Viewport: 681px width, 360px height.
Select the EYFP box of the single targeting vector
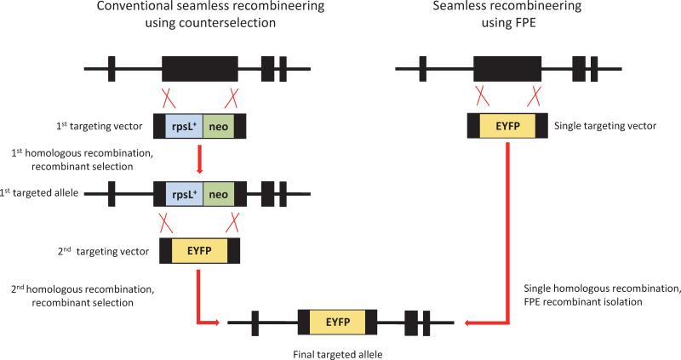pyautogui.click(x=508, y=125)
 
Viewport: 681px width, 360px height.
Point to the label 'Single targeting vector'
pyautogui.click(x=605, y=126)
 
